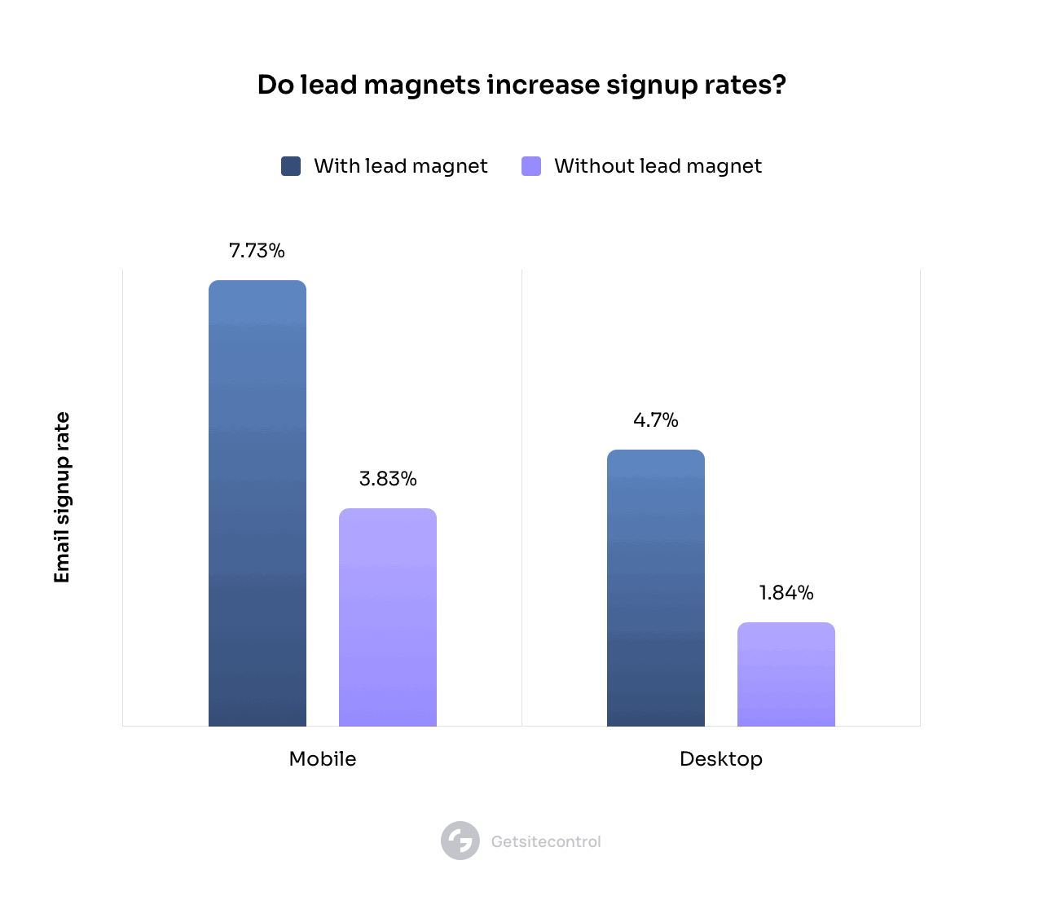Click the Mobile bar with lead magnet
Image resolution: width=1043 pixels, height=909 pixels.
pyautogui.click(x=257, y=503)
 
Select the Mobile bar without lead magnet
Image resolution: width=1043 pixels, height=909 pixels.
pyautogui.click(x=388, y=617)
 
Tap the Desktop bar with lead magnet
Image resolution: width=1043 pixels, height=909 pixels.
pyautogui.click(x=656, y=588)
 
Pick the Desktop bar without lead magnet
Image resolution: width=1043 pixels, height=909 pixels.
pyautogui.click(x=786, y=674)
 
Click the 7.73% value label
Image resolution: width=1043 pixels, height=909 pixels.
pyautogui.click(x=257, y=251)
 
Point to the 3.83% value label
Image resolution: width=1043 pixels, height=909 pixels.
pyautogui.click(x=388, y=479)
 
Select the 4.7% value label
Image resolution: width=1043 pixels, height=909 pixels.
pyautogui.click(x=656, y=420)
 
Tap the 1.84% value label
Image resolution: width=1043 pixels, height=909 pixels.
pyautogui.click(x=786, y=593)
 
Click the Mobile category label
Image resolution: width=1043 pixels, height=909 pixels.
pyautogui.click(x=323, y=759)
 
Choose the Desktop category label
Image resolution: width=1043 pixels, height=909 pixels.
pyautogui.click(x=721, y=759)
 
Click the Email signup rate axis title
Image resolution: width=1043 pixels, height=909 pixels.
pyautogui.click(x=62, y=498)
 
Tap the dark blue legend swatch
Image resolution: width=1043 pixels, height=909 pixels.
pyautogui.click(x=291, y=166)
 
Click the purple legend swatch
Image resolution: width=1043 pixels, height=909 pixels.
pyautogui.click(x=531, y=166)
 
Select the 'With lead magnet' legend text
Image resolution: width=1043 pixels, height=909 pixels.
pyautogui.click(x=401, y=166)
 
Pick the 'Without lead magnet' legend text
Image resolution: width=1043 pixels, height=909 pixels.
pyautogui.click(x=658, y=166)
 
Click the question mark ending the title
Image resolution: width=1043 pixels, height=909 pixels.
pyautogui.click(x=780, y=85)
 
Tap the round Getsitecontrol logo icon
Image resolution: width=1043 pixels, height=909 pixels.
pyautogui.click(x=460, y=841)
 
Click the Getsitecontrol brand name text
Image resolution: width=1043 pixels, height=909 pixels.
pyautogui.click(x=546, y=841)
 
